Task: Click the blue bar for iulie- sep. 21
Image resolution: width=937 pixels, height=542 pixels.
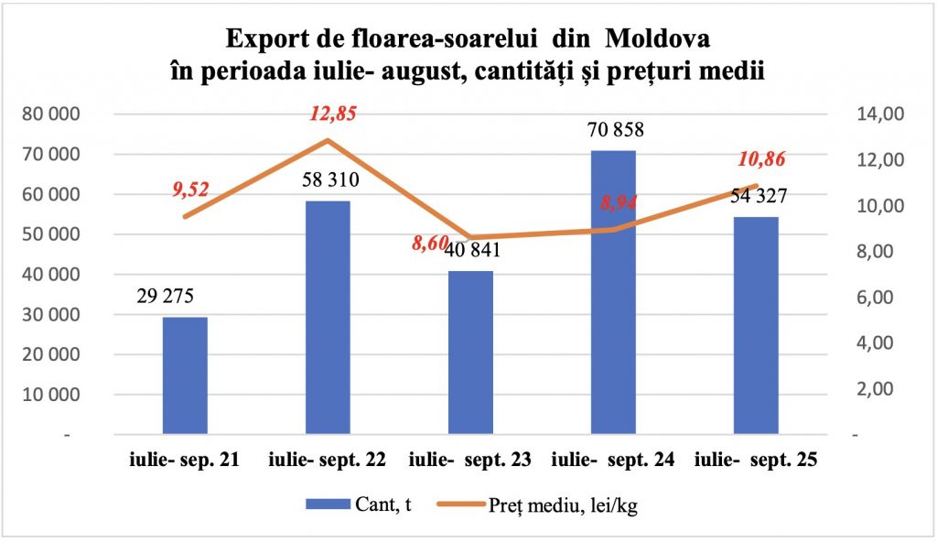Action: click(185, 375)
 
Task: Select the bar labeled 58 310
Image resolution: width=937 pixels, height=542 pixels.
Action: click(328, 317)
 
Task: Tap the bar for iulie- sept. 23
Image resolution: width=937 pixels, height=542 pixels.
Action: click(470, 352)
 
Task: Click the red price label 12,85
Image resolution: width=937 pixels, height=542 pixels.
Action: click(332, 114)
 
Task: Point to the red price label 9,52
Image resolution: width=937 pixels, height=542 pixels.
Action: click(190, 190)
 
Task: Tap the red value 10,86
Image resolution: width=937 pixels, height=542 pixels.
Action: click(761, 160)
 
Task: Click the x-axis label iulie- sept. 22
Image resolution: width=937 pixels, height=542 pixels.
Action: click(328, 461)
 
